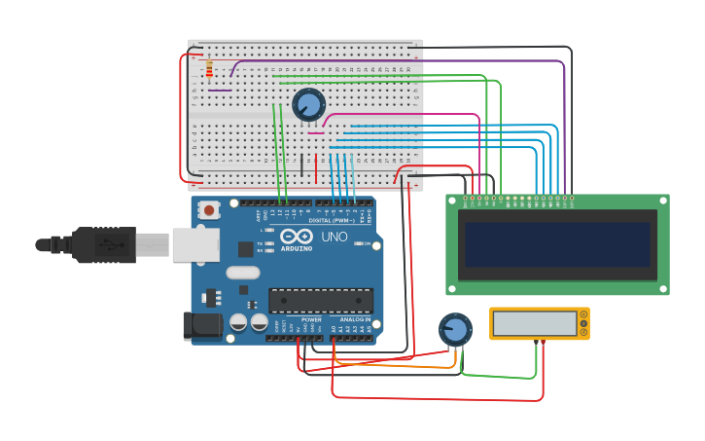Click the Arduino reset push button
tap(209, 209)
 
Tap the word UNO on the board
tap(335, 237)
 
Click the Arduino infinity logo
tap(296, 237)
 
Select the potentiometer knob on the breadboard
tap(308, 104)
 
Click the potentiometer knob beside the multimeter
tap(454, 329)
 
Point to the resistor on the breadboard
tap(209, 68)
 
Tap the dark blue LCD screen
tap(556, 244)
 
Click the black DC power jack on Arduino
tap(202, 325)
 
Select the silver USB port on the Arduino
tap(194, 244)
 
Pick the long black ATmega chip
tap(320, 302)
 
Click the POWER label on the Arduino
tap(311, 319)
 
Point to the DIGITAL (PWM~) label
tap(332, 221)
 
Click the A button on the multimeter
tap(583, 323)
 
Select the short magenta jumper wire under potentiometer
tap(316, 133)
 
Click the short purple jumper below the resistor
tap(220, 91)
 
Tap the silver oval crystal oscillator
tap(243, 273)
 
